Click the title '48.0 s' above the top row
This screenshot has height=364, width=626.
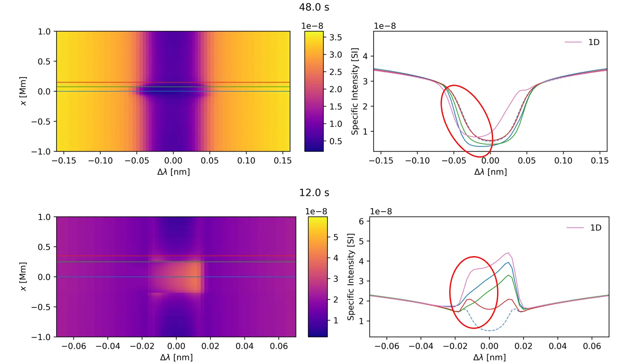click(x=314, y=7)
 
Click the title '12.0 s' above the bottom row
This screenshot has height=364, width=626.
click(x=314, y=193)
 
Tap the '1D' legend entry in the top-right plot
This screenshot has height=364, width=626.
click(x=594, y=42)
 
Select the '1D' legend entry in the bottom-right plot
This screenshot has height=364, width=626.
click(x=595, y=228)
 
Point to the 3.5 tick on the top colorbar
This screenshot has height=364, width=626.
click(x=335, y=38)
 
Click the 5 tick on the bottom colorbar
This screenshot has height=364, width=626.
click(x=336, y=237)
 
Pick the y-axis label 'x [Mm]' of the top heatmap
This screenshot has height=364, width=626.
click(x=23, y=91)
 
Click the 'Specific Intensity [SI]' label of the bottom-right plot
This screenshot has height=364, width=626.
click(x=351, y=276)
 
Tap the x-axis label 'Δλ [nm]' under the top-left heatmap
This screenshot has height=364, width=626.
click(x=173, y=172)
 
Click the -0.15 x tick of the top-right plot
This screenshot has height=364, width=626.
click(x=381, y=161)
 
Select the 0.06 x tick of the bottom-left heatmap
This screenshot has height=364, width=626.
click(x=279, y=346)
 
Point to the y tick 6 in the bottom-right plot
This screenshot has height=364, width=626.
click(x=361, y=221)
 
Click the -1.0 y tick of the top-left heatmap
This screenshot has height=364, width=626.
click(x=41, y=152)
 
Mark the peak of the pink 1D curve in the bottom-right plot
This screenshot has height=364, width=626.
click(x=508, y=253)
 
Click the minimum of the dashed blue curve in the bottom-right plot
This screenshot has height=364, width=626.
click(x=490, y=331)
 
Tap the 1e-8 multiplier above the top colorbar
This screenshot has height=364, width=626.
click(x=312, y=26)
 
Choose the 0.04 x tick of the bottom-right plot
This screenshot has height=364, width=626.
click(x=557, y=346)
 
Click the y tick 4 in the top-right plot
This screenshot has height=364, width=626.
click(x=365, y=56)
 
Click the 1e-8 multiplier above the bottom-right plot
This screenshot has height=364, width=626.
click(x=381, y=212)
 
